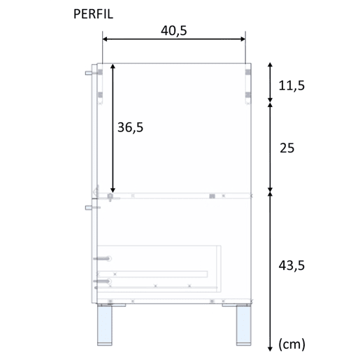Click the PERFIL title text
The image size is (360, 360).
click(93, 14)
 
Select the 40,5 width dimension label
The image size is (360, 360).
click(174, 31)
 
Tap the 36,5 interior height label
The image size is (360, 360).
click(130, 127)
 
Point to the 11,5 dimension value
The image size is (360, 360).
click(291, 85)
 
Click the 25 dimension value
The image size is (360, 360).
click(287, 148)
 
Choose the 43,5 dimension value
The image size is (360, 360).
click(291, 265)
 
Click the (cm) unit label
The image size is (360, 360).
click(291, 345)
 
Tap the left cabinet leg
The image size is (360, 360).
click(105, 324)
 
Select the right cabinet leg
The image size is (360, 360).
click(244, 324)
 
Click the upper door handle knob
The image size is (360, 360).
click(89, 73)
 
